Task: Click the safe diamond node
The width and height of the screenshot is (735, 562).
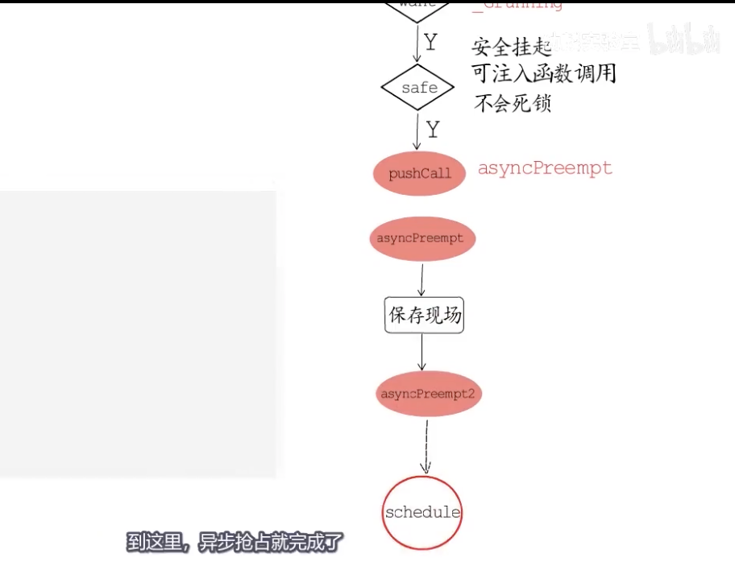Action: point(419,88)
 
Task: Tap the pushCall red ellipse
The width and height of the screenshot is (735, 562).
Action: point(419,173)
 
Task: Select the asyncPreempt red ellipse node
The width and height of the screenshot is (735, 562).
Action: point(420,238)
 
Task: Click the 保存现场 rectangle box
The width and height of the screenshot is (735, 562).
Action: point(425,316)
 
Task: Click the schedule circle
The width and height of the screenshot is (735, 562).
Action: point(422,513)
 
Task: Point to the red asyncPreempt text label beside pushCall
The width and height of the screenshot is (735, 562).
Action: point(545,168)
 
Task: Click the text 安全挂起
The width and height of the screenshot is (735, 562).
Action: point(511,47)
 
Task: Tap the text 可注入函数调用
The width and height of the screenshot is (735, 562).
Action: point(544,74)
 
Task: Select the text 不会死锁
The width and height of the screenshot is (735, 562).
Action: point(513,103)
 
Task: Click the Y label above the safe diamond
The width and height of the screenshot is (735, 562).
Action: point(431,43)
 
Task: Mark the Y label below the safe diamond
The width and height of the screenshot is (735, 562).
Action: point(434,129)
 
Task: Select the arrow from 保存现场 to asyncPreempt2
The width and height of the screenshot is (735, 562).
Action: point(421,352)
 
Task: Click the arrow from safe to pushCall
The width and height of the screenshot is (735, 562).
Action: point(417,132)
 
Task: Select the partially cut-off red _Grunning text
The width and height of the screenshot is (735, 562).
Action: point(517,5)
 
